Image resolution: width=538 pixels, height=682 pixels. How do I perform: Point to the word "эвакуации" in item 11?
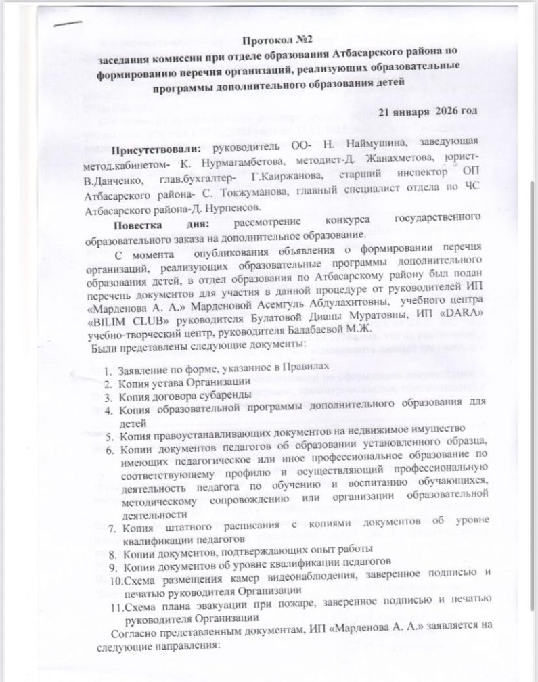click(226, 604)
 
